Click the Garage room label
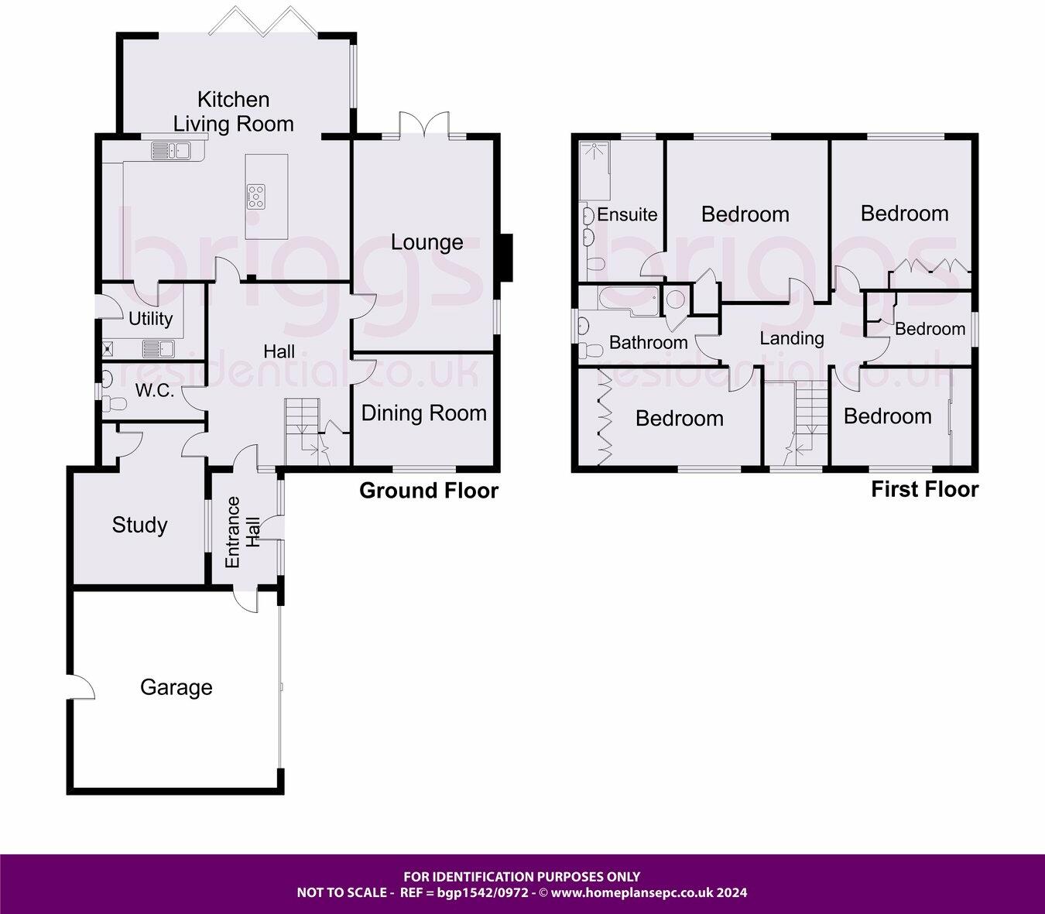click(x=176, y=687)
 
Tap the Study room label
click(x=139, y=525)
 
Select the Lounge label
click(x=427, y=242)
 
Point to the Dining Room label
click(x=424, y=413)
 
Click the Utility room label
click(x=150, y=318)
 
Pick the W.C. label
click(x=155, y=391)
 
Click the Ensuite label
click(x=627, y=214)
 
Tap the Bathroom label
click(x=648, y=342)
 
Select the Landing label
click(x=791, y=338)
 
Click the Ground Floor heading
click(x=429, y=491)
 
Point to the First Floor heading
click(x=924, y=489)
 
